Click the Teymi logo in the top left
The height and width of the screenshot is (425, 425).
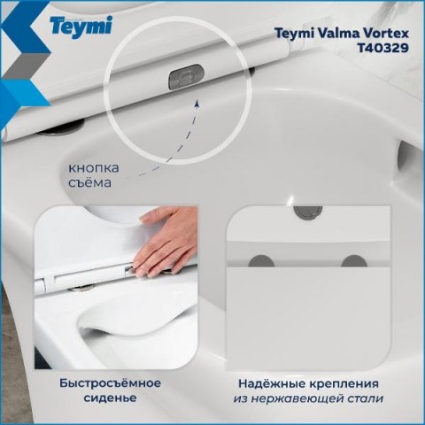point(81,27)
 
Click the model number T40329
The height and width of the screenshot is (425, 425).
point(383,48)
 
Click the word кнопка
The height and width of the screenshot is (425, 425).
point(94,168)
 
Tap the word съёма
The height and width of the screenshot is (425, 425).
point(89,182)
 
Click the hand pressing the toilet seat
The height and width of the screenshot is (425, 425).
point(166,241)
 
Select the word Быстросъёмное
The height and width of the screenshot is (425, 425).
point(110,383)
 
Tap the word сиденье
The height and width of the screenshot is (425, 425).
point(110,398)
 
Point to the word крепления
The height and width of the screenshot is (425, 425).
point(344,384)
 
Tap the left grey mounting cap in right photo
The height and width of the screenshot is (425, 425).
point(261,261)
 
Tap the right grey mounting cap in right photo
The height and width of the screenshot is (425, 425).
point(354,261)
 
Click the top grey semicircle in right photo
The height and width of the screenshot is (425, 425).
point(308,211)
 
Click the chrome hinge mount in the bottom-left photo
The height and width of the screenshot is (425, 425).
point(81,288)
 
